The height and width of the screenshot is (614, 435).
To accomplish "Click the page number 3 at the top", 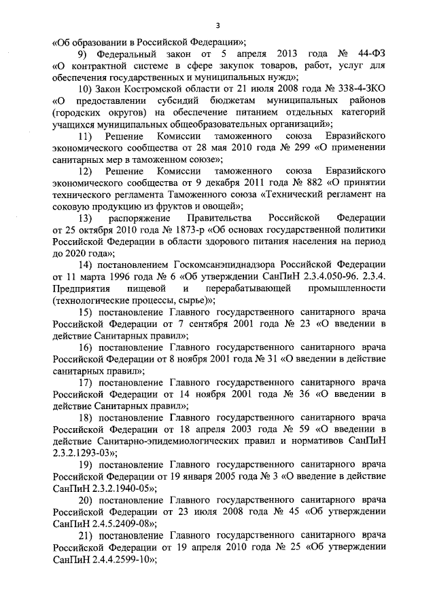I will coord(217,25).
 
